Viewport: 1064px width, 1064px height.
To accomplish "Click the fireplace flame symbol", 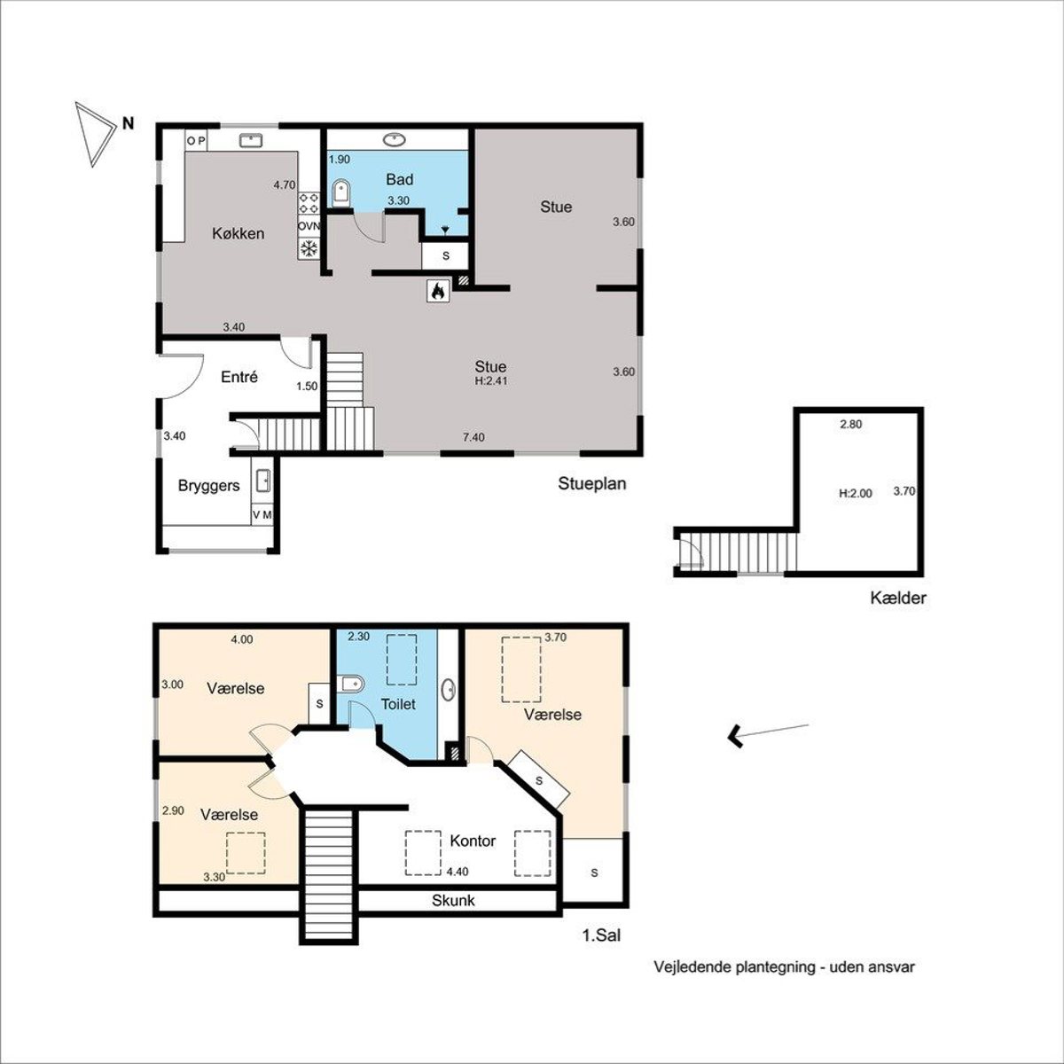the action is coord(438,291).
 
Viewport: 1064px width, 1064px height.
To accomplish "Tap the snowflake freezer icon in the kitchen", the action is coord(309,248).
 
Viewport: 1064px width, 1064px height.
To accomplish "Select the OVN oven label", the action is coord(309,226).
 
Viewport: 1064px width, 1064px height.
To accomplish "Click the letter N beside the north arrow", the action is coord(128,123).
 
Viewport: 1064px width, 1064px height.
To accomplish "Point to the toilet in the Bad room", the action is coord(341,193).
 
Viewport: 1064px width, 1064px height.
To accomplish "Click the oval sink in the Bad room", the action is coord(395,140).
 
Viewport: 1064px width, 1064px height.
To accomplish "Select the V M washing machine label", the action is coord(262,514).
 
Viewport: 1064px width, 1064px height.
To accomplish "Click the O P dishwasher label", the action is coord(196,141).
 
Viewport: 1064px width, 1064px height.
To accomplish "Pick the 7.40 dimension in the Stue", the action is coord(473,437).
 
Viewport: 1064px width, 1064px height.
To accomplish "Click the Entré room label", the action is coord(239,377).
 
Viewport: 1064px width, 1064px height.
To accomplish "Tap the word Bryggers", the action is coord(208,486).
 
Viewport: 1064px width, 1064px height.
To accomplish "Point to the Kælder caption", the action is coord(898,598).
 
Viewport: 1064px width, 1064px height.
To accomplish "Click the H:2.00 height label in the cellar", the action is coord(856,494).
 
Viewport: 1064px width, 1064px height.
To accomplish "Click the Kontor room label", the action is coord(473,841).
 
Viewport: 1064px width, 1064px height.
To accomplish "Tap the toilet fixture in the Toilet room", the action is coord(351,685).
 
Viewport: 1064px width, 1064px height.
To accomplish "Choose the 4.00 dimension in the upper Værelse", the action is coord(242,639).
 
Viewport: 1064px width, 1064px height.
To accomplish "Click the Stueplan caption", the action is coord(592,484).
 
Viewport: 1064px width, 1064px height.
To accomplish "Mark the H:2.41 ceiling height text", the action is coord(491,381).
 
